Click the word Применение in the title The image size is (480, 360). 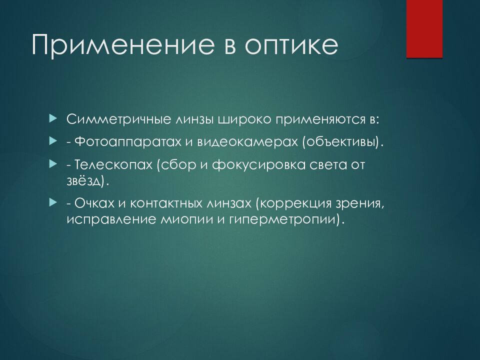(x=123, y=45)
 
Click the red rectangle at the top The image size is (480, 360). (x=424, y=29)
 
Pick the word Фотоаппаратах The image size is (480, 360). (x=128, y=142)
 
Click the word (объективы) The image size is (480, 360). (x=342, y=142)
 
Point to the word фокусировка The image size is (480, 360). (x=258, y=164)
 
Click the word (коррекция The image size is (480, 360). (x=293, y=203)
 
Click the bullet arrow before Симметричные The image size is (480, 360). (x=53, y=118)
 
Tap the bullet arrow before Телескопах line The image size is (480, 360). (x=53, y=164)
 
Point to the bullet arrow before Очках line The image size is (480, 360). (x=53, y=202)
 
